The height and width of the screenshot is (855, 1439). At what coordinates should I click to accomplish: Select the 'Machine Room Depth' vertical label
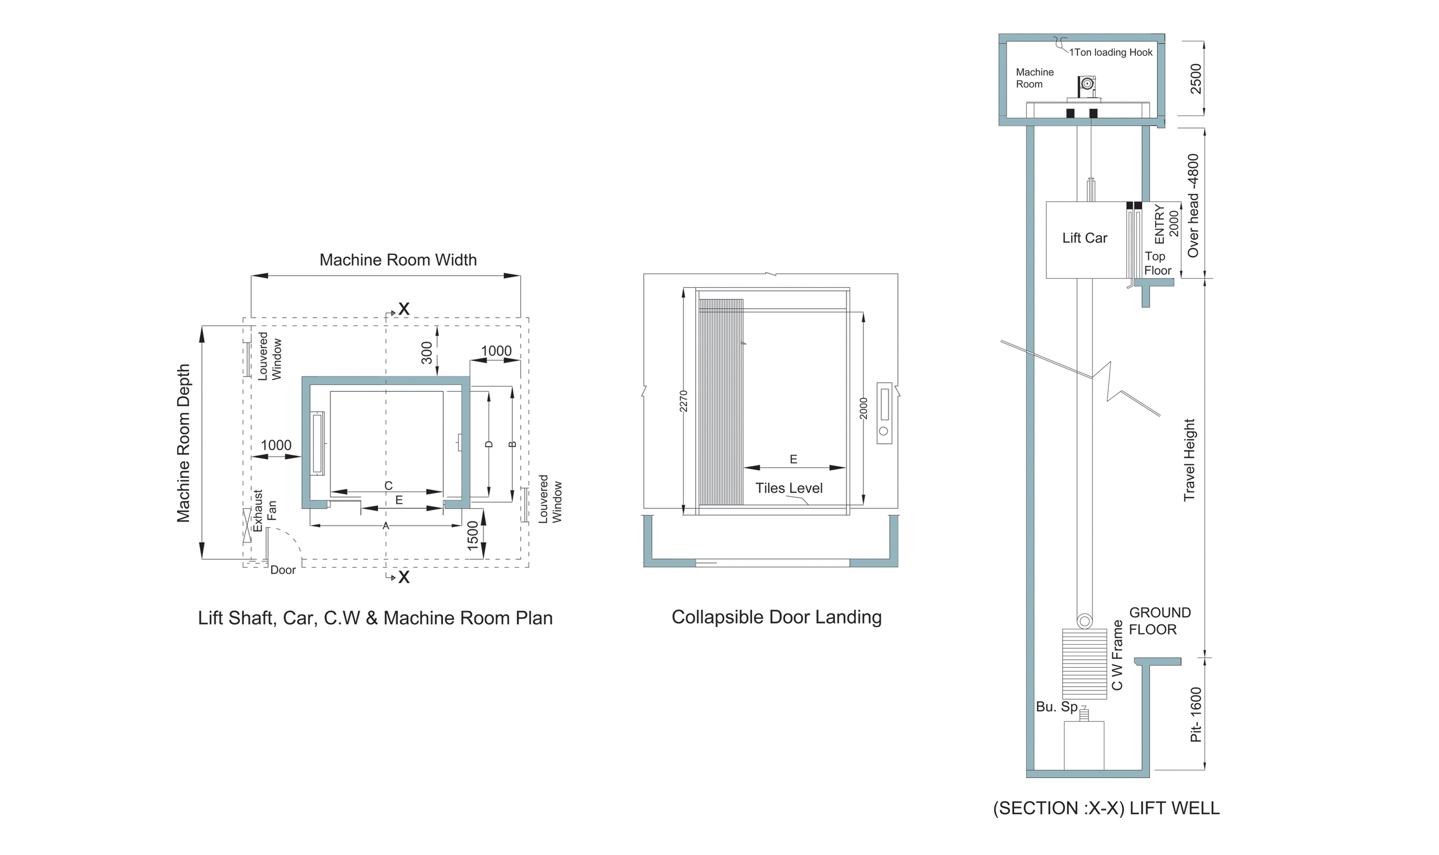pos(183,443)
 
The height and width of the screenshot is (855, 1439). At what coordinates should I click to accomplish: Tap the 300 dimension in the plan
pos(427,353)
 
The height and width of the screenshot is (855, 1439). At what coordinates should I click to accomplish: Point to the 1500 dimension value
pos(473,535)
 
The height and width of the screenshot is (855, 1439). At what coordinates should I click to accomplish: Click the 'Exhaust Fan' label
pos(265,510)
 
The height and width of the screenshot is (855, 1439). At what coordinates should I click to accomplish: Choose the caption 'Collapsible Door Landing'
pos(776,617)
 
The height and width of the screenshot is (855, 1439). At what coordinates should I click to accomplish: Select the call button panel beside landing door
pos(884,413)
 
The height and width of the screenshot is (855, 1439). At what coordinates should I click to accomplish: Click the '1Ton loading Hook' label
pos(1111,53)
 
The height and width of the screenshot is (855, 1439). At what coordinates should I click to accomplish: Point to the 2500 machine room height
pos(1196,78)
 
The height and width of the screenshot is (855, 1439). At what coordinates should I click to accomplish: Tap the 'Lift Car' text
pos(1085,238)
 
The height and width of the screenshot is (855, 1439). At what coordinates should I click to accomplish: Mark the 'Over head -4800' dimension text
pos(1193,206)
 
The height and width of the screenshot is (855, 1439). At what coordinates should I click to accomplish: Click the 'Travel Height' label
pos(1190,460)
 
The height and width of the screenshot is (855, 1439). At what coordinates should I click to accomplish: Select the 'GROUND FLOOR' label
pos(1159,621)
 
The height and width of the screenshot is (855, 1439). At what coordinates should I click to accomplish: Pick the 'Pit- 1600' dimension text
pos(1196,714)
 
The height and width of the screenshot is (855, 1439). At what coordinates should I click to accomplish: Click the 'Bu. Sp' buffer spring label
pos(1056,707)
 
